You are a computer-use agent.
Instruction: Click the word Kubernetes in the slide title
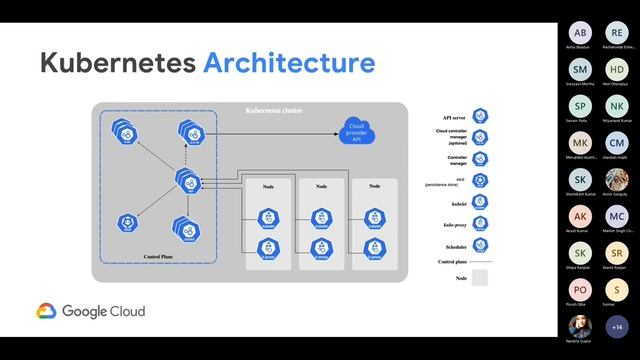[118, 64]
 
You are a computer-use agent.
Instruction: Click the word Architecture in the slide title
[289, 64]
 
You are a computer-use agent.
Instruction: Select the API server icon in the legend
[480, 115]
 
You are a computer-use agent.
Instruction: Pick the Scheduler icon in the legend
[480, 245]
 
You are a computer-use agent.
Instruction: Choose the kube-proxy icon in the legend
[480, 223]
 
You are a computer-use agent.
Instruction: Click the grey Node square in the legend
[480, 278]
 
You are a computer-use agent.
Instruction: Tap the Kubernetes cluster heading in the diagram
[274, 109]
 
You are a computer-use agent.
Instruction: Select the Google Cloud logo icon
[46, 311]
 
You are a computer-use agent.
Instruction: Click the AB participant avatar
[581, 34]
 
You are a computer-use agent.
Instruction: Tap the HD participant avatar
[617, 70]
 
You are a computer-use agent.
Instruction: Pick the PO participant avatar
[581, 290]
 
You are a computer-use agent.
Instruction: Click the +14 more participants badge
[617, 326]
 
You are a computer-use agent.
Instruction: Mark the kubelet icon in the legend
[480, 201]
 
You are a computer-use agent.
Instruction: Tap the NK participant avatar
[617, 107]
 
